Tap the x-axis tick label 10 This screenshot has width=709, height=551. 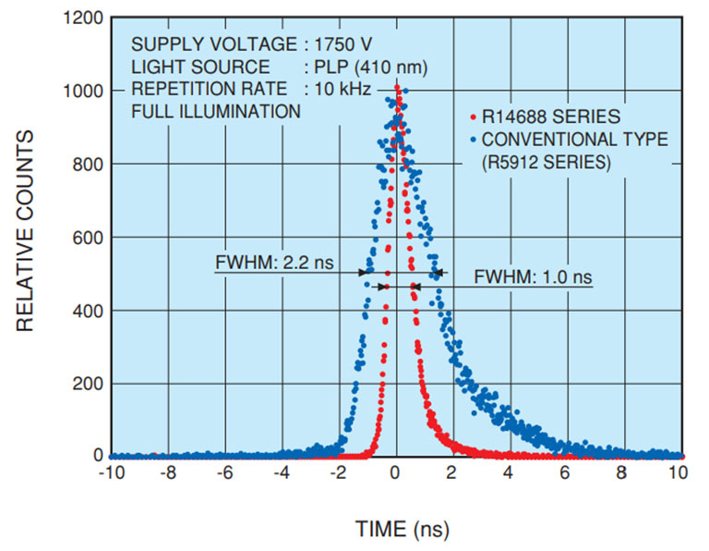pos(678,471)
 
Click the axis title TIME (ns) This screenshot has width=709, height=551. pos(395,529)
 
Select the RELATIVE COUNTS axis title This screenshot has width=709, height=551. pos(26,231)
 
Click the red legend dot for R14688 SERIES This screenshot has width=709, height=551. pos(473,117)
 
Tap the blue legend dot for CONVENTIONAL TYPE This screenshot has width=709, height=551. pos(473,141)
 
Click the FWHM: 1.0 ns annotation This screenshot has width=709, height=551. pos(533,276)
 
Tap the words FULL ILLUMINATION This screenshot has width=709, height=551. pos(215,111)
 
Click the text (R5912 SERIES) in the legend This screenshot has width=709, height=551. pos(543,162)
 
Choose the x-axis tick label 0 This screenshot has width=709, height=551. pos(395,471)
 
